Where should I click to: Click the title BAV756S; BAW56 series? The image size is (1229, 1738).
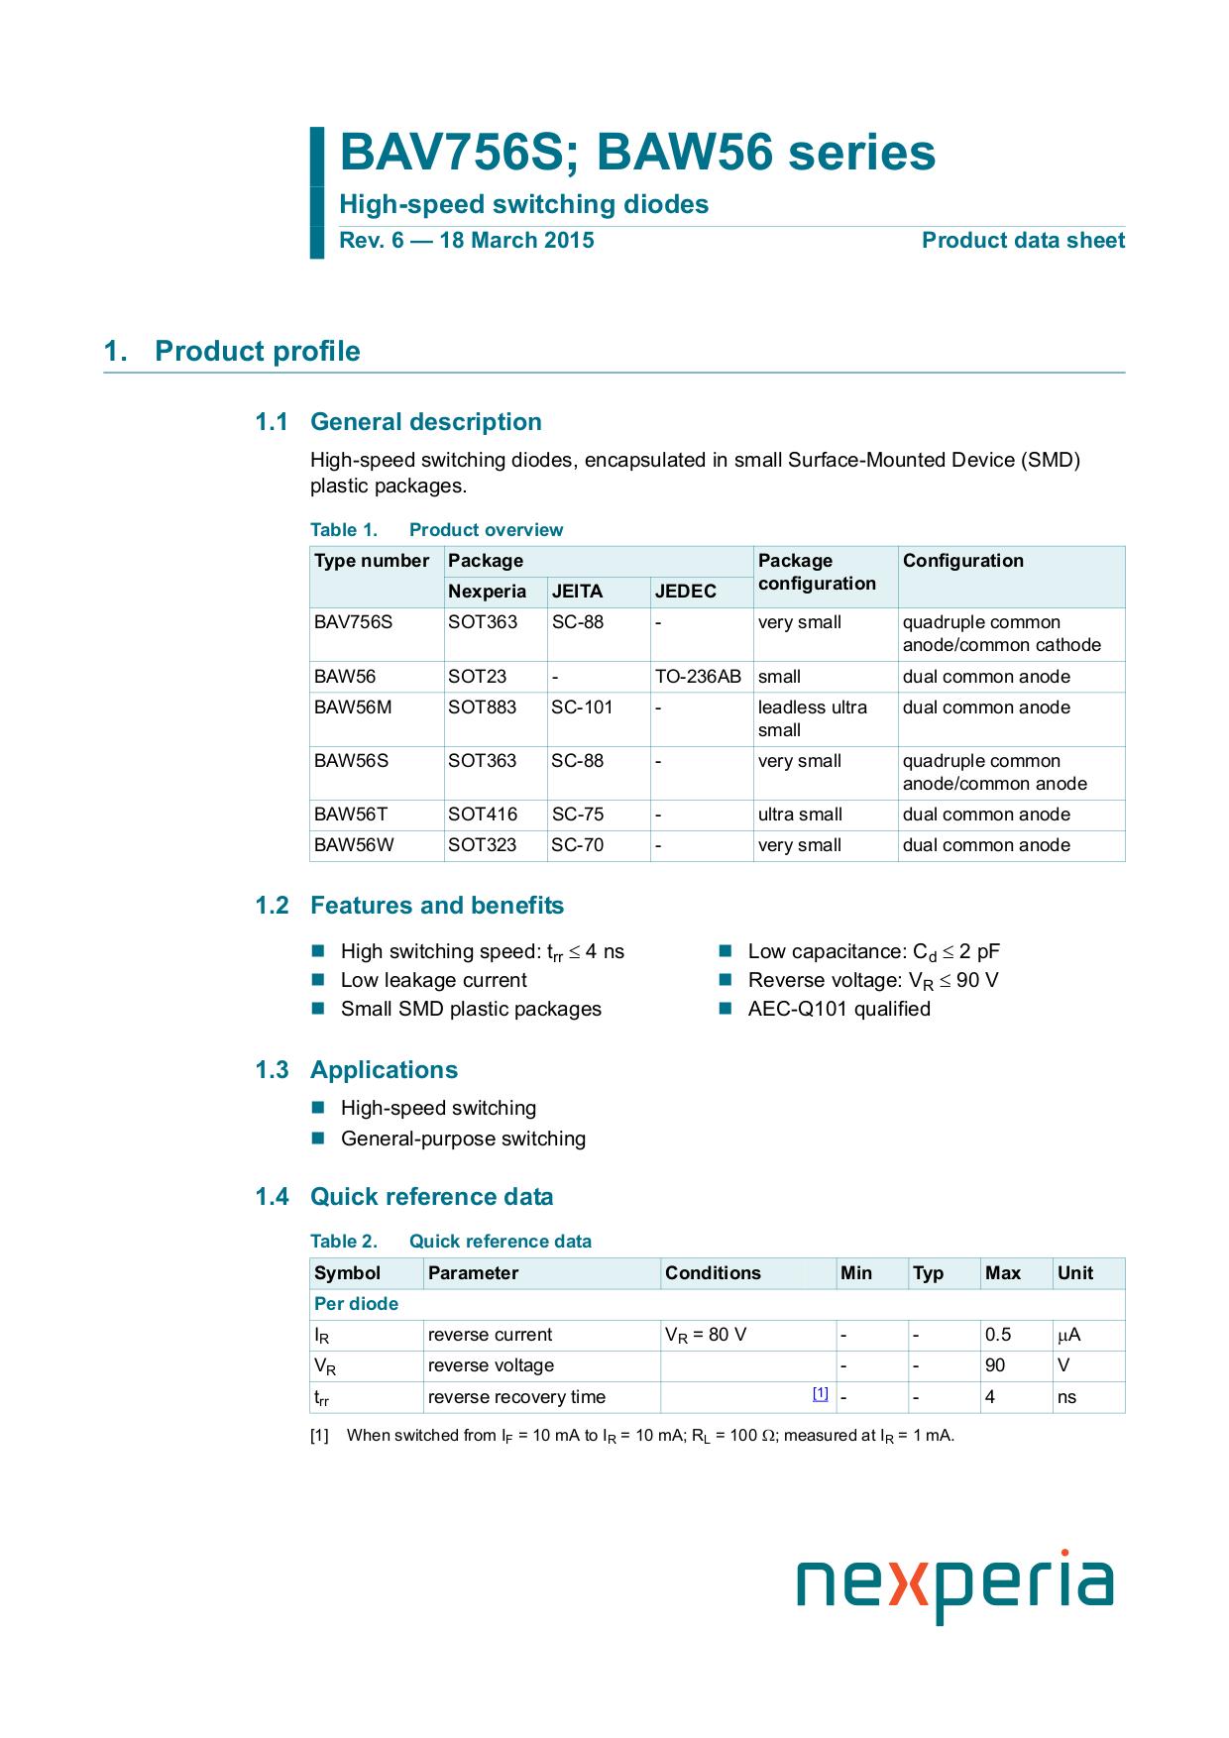click(637, 154)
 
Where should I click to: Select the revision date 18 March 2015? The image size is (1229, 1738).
click(531, 241)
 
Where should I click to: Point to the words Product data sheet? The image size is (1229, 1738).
click(1023, 241)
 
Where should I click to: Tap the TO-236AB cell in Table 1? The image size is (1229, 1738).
click(698, 677)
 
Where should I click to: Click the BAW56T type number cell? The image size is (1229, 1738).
click(351, 815)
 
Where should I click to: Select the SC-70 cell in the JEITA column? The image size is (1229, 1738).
click(577, 845)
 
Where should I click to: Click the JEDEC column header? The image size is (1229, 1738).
click(685, 592)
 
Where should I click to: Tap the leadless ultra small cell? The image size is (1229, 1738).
click(812, 718)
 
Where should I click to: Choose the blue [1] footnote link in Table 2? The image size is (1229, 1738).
click(820, 1393)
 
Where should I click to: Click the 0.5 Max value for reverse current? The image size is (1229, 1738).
click(997, 1335)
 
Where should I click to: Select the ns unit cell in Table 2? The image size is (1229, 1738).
click(1066, 1397)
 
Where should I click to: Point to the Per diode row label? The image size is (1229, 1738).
click(356, 1304)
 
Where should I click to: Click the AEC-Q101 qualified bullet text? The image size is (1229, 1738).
click(838, 1009)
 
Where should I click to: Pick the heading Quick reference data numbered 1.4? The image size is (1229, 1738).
click(431, 1197)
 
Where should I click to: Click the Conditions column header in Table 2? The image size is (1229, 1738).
click(713, 1273)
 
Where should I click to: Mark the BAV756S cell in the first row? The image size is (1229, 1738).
click(353, 622)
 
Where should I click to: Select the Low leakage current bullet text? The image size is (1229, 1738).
click(433, 980)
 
